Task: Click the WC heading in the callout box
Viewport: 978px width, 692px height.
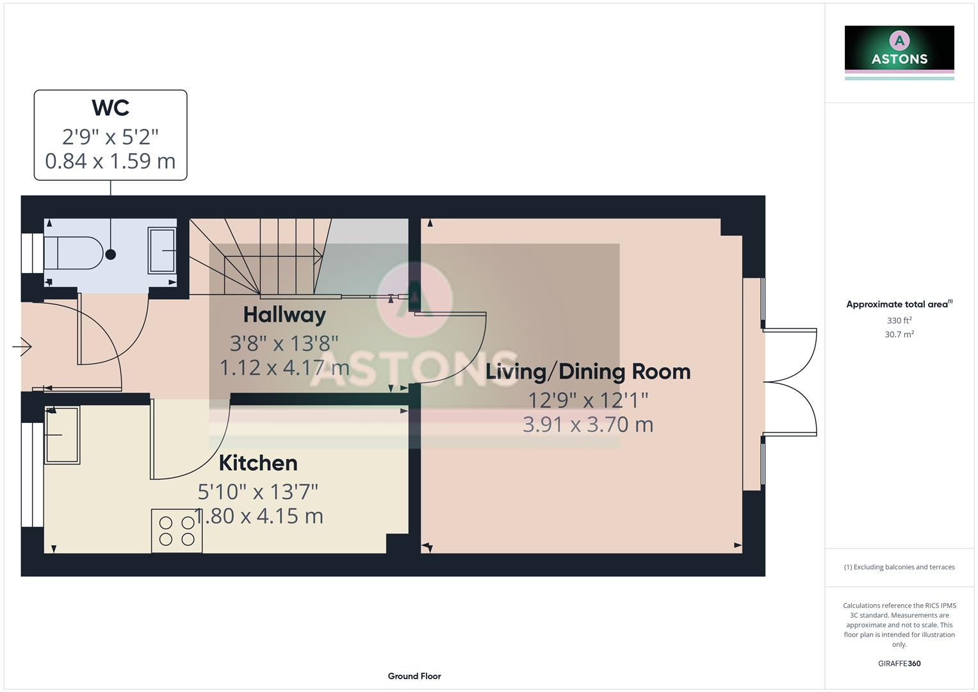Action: coord(110,108)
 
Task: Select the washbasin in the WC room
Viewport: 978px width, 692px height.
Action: coord(162,251)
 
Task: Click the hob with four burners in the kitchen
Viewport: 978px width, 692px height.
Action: coord(177,531)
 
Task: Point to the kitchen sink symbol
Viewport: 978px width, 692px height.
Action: coord(62,434)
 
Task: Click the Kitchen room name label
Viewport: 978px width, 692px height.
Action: coord(257,463)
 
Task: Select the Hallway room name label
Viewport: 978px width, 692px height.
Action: coord(284,315)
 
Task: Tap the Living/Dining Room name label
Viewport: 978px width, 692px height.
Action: coord(587,372)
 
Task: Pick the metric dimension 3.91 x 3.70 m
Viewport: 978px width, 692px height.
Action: coord(587,424)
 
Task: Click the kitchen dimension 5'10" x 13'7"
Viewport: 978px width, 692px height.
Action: coord(257,491)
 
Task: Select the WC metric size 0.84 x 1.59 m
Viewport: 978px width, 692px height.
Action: coord(110,161)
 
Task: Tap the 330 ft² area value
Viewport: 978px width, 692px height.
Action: coord(899,320)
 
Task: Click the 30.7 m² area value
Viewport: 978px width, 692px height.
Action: coord(899,334)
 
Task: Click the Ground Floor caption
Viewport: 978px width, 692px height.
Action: coord(414,676)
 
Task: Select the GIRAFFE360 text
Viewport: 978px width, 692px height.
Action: coord(899,663)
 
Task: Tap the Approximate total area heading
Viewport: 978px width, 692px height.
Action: coord(899,304)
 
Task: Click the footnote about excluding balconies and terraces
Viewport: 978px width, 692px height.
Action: coord(899,567)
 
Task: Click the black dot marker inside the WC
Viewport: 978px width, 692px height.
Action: coord(110,254)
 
